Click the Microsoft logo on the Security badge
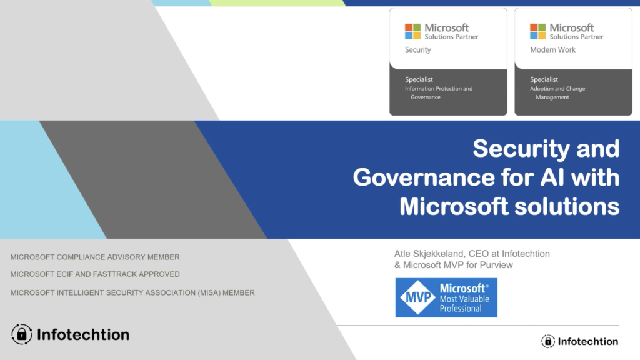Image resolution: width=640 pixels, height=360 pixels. pyautogui.click(x=412, y=31)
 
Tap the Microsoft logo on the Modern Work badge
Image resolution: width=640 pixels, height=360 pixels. pyautogui.click(x=537, y=31)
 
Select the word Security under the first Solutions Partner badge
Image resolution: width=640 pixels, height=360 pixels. pyautogui.click(x=418, y=50)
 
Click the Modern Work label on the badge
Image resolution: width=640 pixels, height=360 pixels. pyautogui.click(x=552, y=50)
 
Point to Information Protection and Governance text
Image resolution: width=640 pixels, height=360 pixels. pyautogui.click(x=439, y=92)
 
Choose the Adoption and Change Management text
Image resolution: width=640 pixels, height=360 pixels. pyautogui.click(x=557, y=92)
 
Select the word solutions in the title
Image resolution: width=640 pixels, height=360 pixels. pyautogui.click(x=567, y=206)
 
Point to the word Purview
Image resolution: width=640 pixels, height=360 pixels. pyautogui.click(x=496, y=265)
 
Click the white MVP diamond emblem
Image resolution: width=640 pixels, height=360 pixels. pyautogui.click(x=417, y=297)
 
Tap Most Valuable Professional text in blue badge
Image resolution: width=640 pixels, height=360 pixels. pyautogui.click(x=464, y=304)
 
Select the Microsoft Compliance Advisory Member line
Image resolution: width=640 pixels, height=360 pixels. pyautogui.click(x=95, y=257)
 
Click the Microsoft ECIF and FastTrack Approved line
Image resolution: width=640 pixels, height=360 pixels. pyautogui.click(x=95, y=274)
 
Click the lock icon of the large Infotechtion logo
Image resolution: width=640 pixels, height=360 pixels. pyautogui.click(x=22, y=334)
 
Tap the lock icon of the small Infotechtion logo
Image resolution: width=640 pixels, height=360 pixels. pyautogui.click(x=548, y=341)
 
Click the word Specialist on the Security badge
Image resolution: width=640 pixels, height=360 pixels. pyautogui.click(x=419, y=79)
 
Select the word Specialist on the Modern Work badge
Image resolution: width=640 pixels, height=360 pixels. pyautogui.click(x=544, y=79)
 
